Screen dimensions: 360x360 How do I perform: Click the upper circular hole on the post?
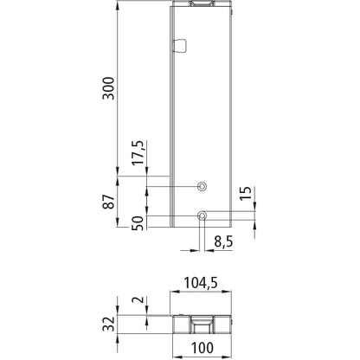pyautogui.click(x=202, y=186)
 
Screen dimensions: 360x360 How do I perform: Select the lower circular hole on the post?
pyautogui.click(x=202, y=215)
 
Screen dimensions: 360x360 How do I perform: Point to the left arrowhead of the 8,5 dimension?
pyautogui.click(x=192, y=249)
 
